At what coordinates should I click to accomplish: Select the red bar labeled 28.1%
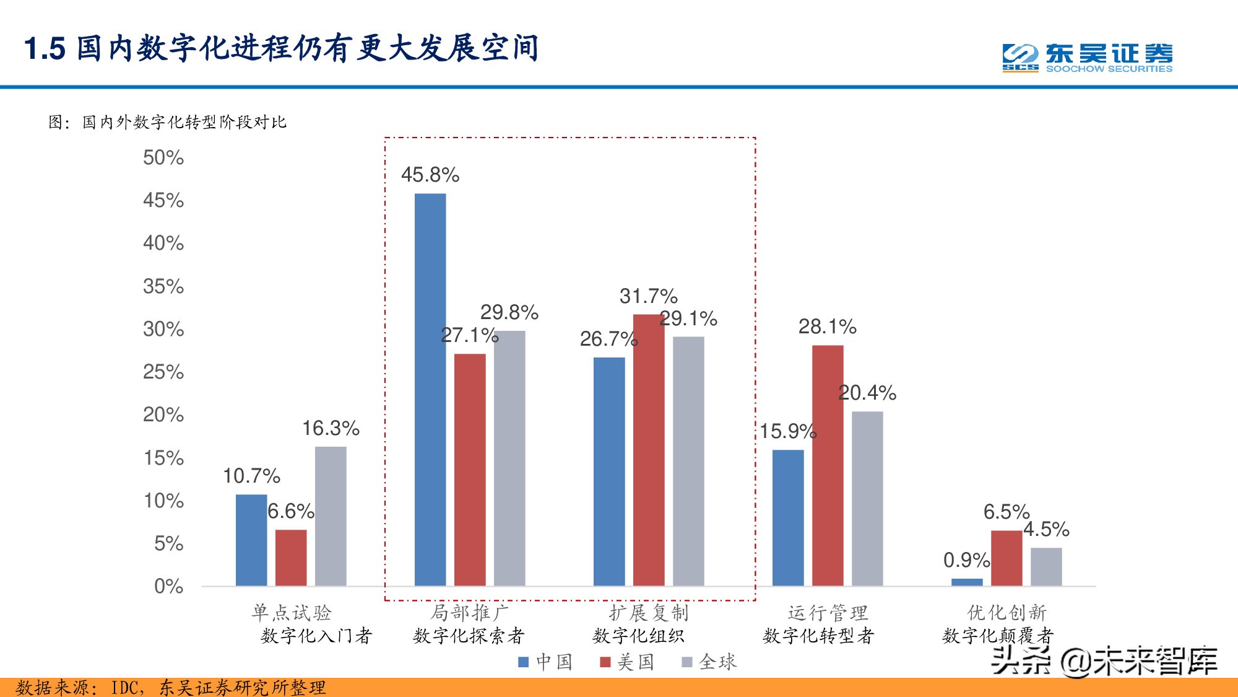828,465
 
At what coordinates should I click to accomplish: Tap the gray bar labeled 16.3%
331,515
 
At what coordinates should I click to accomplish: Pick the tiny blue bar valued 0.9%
966,582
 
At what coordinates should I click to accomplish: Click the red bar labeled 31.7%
648,449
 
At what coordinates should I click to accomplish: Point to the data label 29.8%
509,312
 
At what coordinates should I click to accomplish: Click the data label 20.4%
867,393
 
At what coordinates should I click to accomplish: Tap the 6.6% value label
290,511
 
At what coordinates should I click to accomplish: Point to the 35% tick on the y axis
163,286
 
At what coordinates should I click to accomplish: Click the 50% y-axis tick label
163,157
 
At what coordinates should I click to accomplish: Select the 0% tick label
168,586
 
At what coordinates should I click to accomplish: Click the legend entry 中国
545,662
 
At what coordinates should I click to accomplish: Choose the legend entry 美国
627,662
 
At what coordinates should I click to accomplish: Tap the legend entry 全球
709,662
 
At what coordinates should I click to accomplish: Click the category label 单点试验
292,613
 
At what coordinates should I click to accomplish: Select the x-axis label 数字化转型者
818,636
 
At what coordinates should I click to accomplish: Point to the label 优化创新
1006,613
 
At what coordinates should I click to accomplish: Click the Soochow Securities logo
1087,58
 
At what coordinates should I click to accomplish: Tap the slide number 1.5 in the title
45,48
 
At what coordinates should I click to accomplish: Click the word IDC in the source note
126,688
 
